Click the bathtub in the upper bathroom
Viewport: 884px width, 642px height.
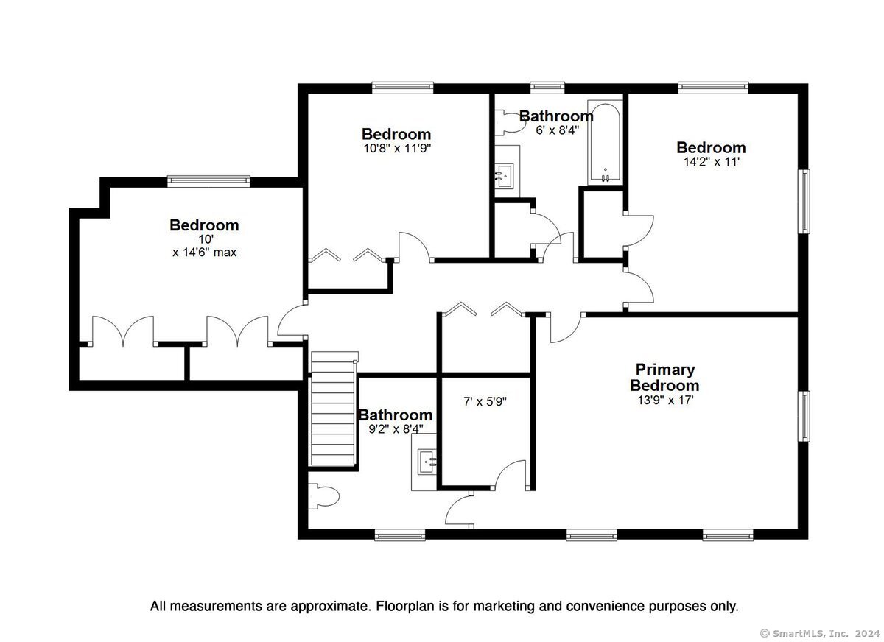605,142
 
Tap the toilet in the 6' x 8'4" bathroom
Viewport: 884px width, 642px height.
511,122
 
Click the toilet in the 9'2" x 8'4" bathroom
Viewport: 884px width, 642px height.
323,496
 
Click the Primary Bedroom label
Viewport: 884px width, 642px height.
664,377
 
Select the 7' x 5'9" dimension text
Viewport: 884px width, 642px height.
485,401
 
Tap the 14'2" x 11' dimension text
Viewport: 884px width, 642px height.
711,162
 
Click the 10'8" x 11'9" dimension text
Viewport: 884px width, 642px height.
396,148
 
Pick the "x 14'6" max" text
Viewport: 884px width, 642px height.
205,252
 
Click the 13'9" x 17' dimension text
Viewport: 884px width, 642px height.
665,400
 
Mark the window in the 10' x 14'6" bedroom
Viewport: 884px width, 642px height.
208,181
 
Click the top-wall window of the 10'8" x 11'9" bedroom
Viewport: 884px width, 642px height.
402,88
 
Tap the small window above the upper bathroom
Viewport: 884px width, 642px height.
547,88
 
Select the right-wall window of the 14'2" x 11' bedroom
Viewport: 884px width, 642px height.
804,202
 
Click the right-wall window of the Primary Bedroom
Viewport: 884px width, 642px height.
804,416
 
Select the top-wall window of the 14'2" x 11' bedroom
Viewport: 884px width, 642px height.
714,88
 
